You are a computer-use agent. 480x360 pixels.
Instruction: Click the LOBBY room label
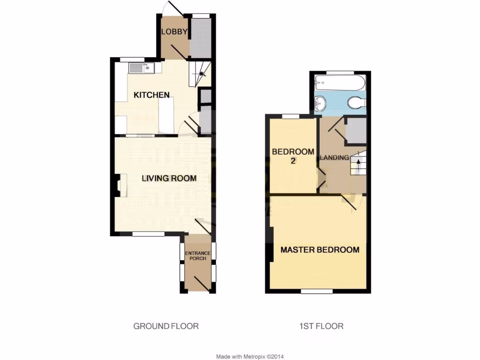click(174, 32)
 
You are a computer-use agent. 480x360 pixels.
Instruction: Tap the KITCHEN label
click(151, 95)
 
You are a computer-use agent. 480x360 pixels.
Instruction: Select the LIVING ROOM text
click(169, 178)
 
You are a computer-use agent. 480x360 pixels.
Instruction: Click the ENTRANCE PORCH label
click(198, 256)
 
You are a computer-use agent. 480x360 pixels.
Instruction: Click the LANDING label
click(334, 157)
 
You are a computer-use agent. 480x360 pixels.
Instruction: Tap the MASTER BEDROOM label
click(320, 249)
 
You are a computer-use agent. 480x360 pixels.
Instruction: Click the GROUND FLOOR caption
click(166, 326)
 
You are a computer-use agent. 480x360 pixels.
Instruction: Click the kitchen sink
click(141, 68)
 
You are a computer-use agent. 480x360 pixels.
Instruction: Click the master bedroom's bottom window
click(316, 291)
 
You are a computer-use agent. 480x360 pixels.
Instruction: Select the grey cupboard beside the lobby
click(202, 38)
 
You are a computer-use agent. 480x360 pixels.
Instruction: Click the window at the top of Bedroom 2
click(291, 116)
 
